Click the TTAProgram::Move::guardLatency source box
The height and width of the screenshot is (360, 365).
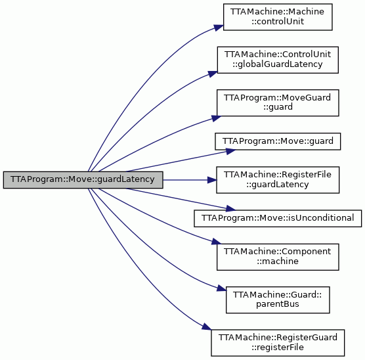[x=83, y=180]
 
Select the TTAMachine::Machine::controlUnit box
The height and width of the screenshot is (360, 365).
[x=278, y=17]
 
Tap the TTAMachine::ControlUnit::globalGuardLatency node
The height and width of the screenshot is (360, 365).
[x=278, y=60]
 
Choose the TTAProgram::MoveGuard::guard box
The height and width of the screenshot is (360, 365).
[x=278, y=102]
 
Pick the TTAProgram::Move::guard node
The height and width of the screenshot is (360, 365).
[x=278, y=141]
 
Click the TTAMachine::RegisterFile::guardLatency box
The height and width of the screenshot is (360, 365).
[x=278, y=180]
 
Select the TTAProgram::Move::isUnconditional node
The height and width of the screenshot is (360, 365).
[x=278, y=218]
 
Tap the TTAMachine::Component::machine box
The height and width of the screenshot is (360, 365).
[x=278, y=257]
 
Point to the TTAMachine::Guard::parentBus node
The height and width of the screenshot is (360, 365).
[x=278, y=300]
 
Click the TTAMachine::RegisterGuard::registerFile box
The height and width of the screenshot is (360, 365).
[x=278, y=343]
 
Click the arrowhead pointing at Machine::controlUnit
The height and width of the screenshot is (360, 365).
[x=219, y=28]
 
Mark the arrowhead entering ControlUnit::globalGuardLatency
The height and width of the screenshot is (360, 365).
[x=213, y=74]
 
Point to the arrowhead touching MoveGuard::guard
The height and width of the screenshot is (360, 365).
[x=217, y=118]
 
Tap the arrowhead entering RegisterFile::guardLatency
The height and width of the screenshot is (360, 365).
[x=212, y=180]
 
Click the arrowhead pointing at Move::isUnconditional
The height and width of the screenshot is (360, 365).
[x=230, y=208]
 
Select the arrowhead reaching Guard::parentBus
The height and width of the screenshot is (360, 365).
[x=221, y=288]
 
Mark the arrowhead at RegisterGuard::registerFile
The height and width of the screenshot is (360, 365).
[x=207, y=326]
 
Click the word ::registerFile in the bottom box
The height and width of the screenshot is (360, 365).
[x=278, y=347]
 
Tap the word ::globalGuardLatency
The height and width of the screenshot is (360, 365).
[x=278, y=64]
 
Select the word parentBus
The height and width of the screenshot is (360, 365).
[x=278, y=304]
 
